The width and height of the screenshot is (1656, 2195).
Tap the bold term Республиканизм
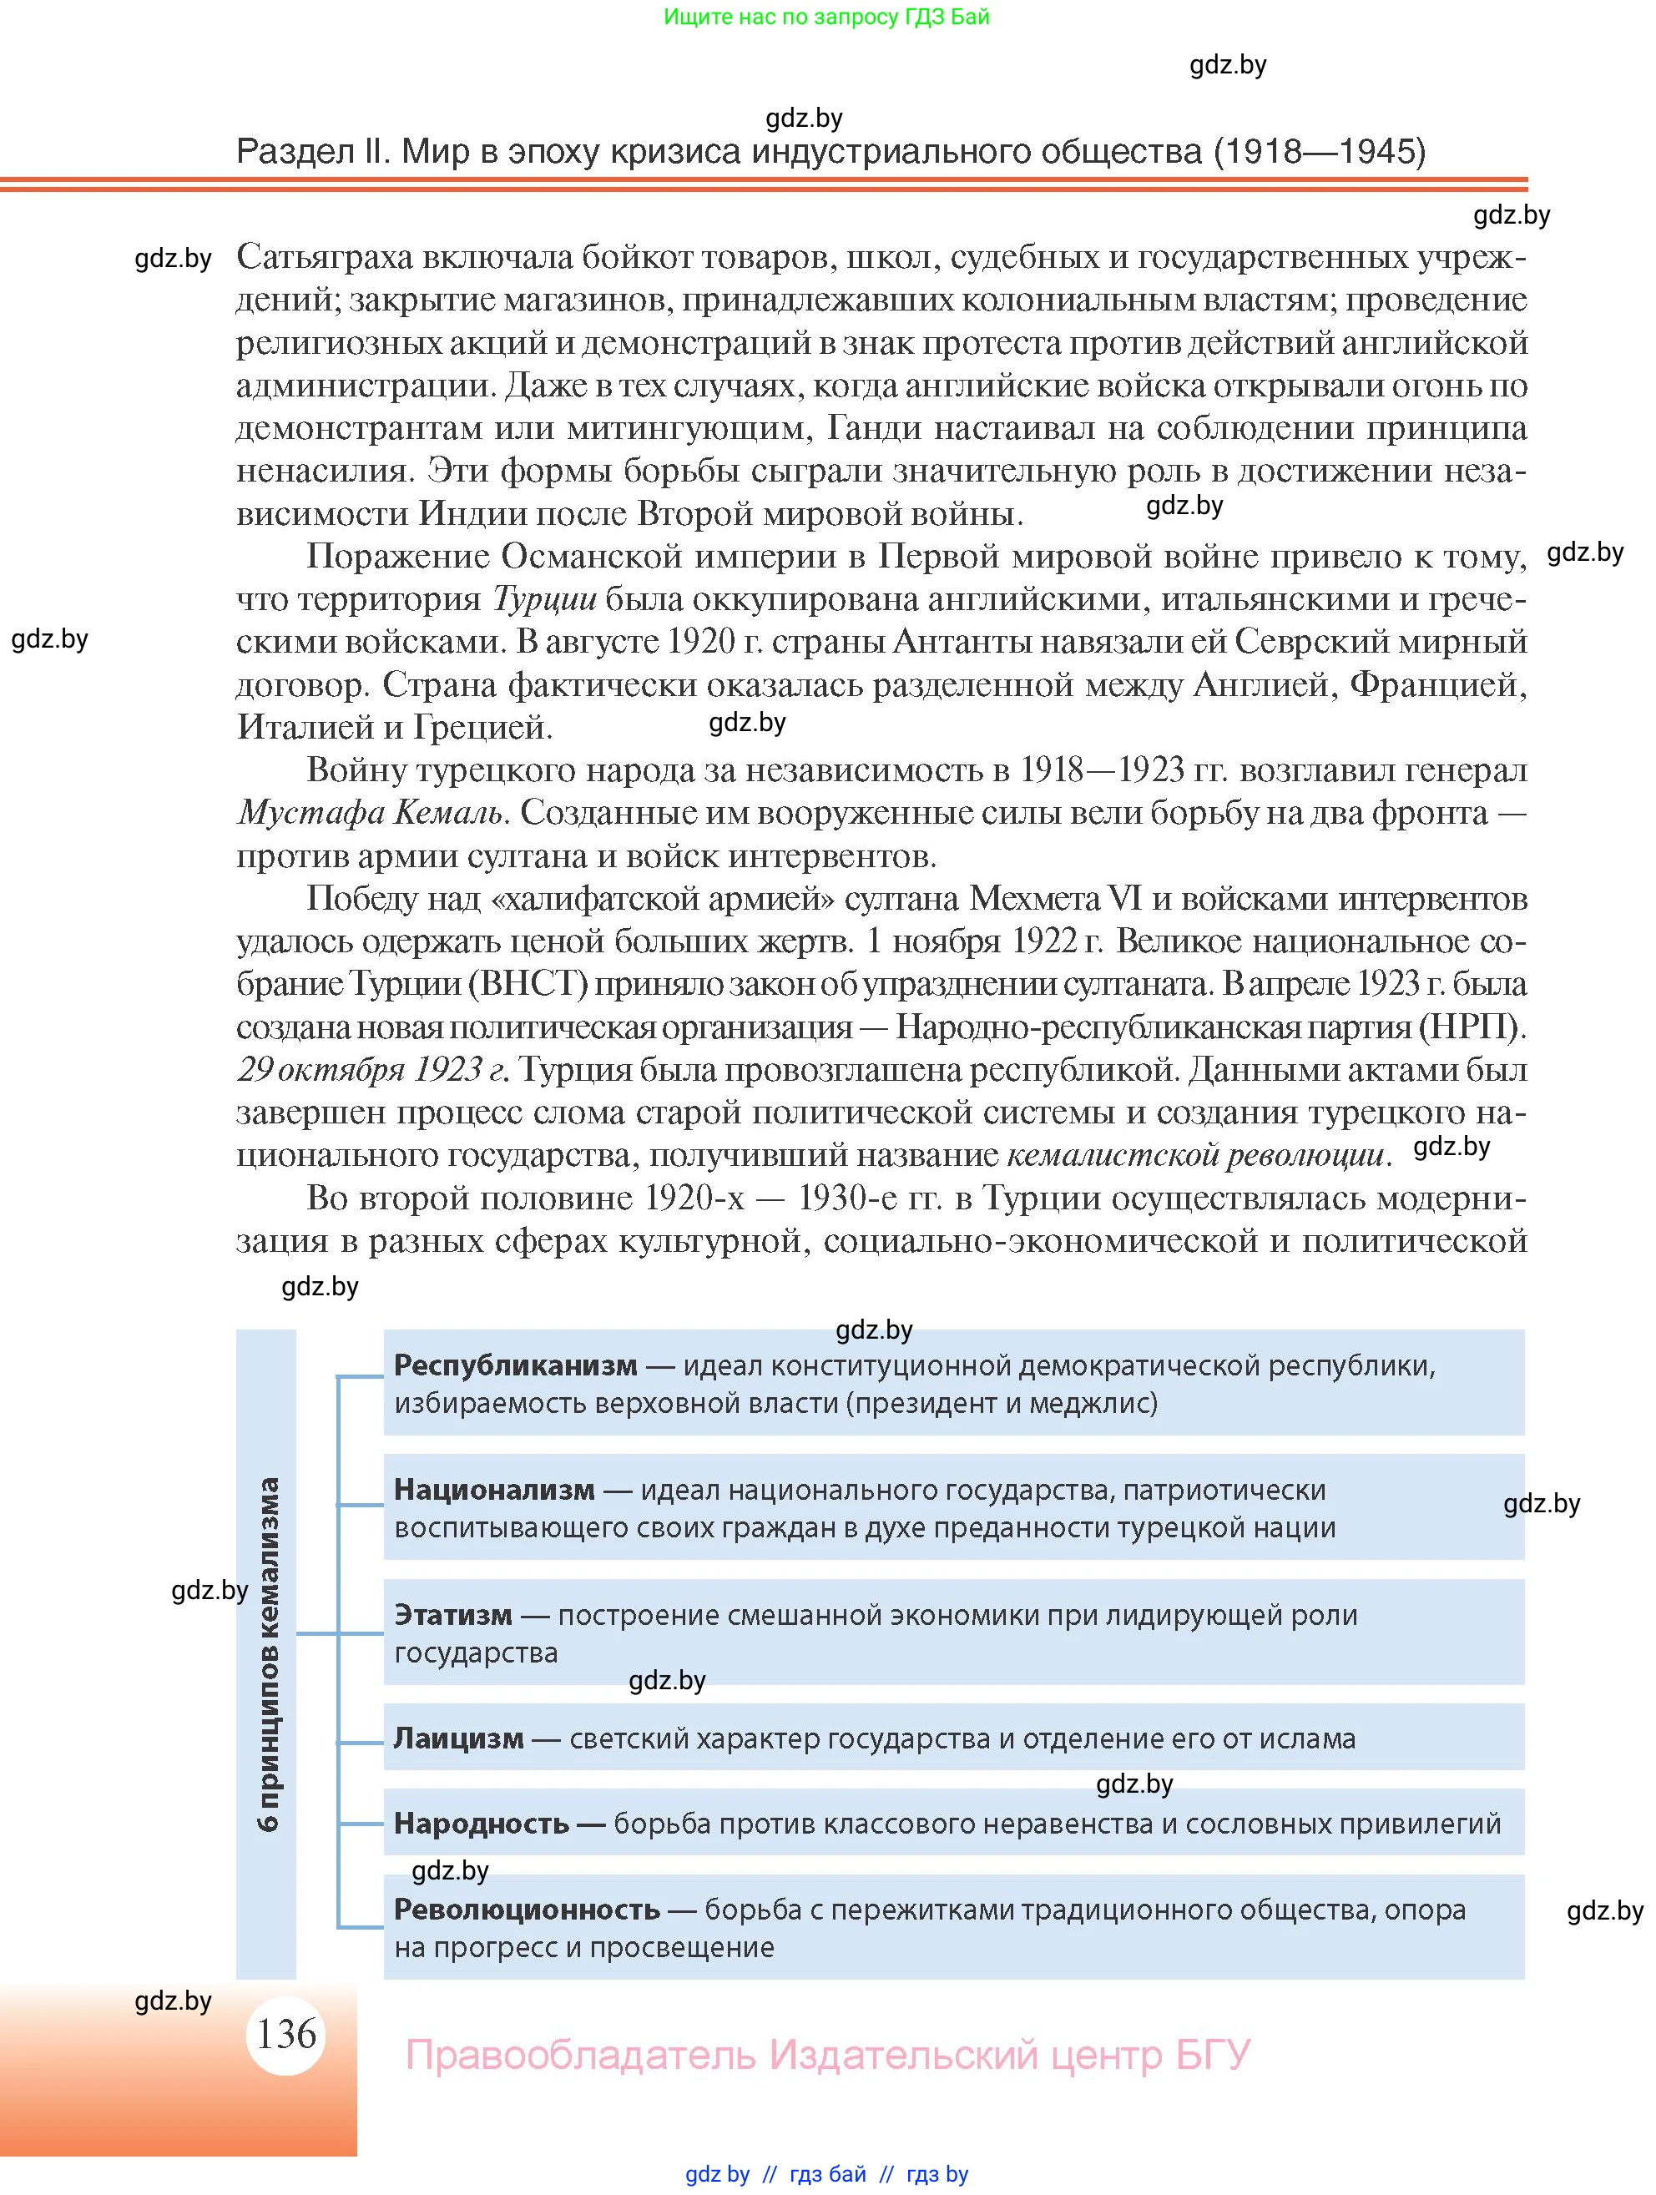coord(515,1365)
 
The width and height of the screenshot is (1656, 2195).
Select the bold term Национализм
coord(494,1490)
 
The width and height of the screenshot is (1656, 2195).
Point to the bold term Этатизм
coord(452,1614)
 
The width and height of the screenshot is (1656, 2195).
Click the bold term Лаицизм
coord(458,1738)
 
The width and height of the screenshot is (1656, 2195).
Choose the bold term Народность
coord(482,1823)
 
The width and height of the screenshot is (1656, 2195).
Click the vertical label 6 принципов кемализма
coord(267,1653)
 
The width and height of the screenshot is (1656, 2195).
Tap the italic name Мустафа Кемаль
coord(372,813)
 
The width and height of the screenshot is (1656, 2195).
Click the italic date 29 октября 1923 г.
coord(373,1070)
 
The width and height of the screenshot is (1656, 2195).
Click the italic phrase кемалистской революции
coord(1194,1155)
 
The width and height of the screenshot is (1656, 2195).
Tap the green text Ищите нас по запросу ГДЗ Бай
coord(826,17)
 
